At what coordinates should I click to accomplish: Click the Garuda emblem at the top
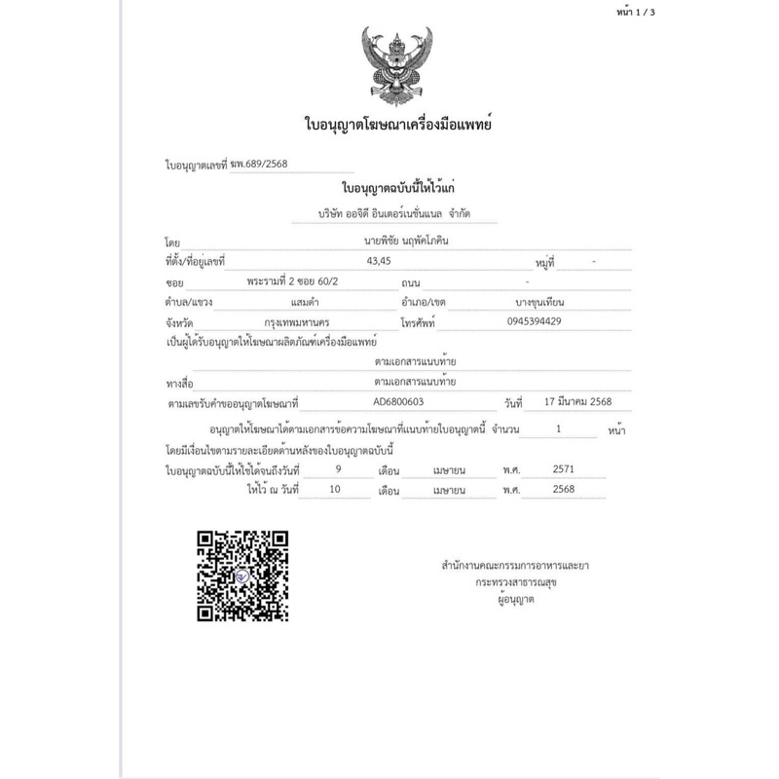pyautogui.click(x=396, y=67)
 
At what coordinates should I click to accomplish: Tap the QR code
pyautogui.click(x=242, y=573)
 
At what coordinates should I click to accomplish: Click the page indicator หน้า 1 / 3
pyautogui.click(x=731, y=13)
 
